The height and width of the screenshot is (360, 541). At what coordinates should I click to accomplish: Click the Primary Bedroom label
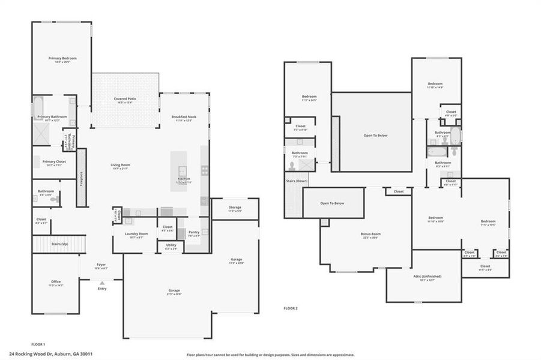(x=62, y=58)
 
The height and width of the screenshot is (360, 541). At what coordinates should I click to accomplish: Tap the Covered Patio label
(x=125, y=98)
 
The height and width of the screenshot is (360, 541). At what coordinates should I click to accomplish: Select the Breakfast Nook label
(x=184, y=116)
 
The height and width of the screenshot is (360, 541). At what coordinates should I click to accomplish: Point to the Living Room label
(x=120, y=165)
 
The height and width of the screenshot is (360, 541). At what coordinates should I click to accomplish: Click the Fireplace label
(x=82, y=179)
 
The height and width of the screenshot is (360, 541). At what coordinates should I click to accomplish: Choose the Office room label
(x=55, y=281)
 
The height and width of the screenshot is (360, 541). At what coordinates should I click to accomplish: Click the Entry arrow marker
(x=101, y=283)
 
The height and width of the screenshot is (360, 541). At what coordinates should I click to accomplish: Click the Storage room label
(x=235, y=207)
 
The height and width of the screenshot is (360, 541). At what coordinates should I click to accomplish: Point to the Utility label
(x=171, y=245)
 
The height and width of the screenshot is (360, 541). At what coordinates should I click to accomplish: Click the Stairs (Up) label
(x=59, y=245)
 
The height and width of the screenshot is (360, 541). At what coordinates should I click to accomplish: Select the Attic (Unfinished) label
(x=427, y=276)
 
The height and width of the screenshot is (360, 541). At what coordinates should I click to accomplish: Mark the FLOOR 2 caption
(x=291, y=308)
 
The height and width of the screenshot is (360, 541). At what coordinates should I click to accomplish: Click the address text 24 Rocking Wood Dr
(x=33, y=354)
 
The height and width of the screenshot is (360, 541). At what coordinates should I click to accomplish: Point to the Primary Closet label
(x=54, y=161)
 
